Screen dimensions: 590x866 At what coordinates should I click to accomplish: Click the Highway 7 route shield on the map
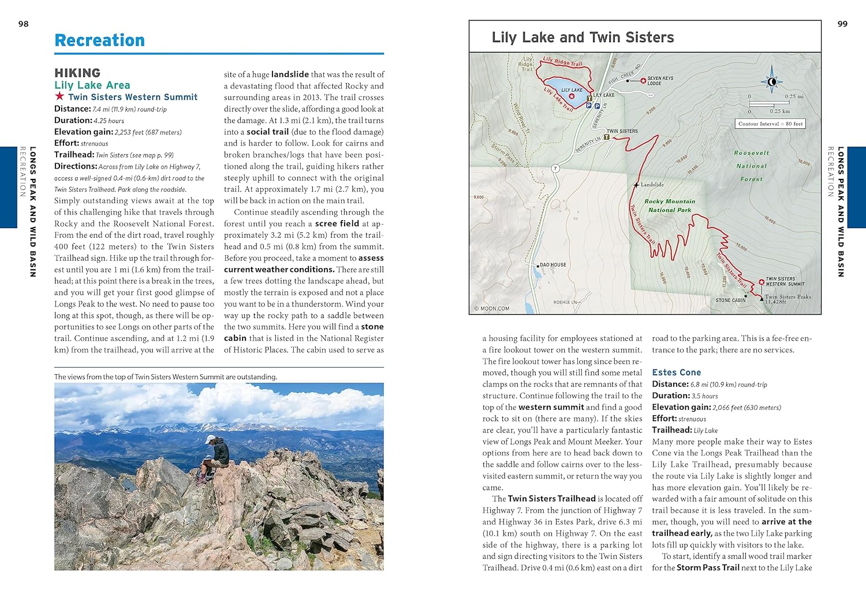pyautogui.click(x=555, y=169)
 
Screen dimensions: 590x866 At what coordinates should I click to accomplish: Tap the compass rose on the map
pyautogui.click(x=771, y=82)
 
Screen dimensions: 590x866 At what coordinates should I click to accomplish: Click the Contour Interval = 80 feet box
pyautogui.click(x=770, y=124)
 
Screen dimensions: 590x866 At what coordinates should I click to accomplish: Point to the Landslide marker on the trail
pyautogui.click(x=636, y=185)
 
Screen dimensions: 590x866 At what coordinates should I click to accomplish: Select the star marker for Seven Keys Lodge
pyautogui.click(x=643, y=81)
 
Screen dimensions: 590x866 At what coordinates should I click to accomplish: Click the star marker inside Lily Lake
pyautogui.click(x=572, y=96)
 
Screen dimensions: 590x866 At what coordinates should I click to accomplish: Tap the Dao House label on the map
pyautogui.click(x=553, y=265)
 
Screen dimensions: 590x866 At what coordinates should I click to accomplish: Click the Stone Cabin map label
pyautogui.click(x=730, y=300)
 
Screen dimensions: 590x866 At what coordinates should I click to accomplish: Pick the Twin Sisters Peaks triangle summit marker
pyautogui.click(x=762, y=299)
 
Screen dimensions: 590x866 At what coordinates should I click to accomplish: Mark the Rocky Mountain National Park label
pyautogui.click(x=670, y=206)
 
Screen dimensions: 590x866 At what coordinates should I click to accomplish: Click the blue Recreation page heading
pyautogui.click(x=99, y=40)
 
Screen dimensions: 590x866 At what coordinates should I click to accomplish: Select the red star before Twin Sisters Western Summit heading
pyautogui.click(x=59, y=96)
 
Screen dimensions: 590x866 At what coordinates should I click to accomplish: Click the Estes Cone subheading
pyautogui.click(x=676, y=372)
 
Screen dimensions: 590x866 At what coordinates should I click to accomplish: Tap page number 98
pyautogui.click(x=23, y=24)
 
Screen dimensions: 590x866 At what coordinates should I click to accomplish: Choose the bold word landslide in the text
pyautogui.click(x=290, y=74)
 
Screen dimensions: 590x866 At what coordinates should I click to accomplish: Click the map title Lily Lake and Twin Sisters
pyautogui.click(x=583, y=38)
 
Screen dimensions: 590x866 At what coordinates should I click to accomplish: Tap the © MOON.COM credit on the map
pyautogui.click(x=492, y=308)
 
